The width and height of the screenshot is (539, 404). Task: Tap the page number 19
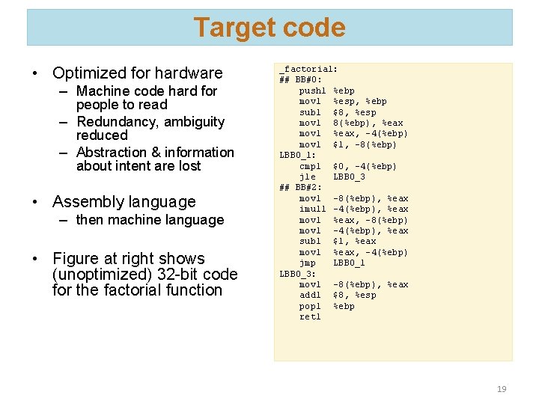[501, 389]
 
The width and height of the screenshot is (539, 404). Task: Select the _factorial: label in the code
[308, 69]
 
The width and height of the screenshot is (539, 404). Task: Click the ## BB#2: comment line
[301, 188]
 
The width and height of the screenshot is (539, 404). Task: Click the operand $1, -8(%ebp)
[365, 144]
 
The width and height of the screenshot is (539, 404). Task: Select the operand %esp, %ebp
[359, 101]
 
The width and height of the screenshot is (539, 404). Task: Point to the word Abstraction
[115, 153]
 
